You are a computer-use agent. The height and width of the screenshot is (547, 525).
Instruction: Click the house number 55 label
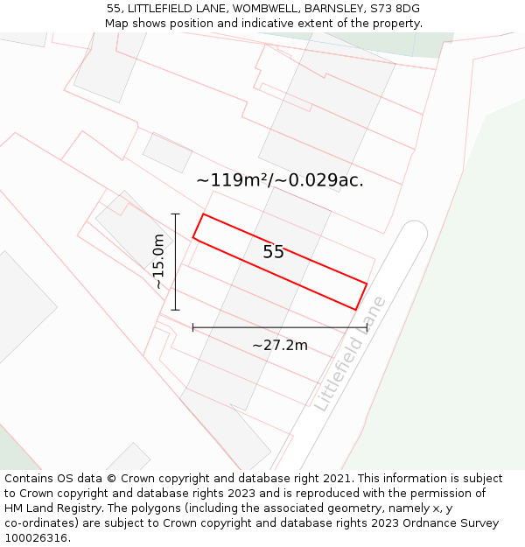273,252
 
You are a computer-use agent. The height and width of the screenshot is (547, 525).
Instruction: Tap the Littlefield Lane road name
350,354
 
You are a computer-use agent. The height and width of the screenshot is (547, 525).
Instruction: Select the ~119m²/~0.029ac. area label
280,181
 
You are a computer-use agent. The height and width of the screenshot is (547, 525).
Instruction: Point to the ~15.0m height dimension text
157,262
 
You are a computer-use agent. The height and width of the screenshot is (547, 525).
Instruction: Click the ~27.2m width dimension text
280,345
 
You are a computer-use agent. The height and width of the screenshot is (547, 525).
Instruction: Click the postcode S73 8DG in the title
396,9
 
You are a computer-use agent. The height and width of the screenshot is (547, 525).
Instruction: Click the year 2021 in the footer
337,479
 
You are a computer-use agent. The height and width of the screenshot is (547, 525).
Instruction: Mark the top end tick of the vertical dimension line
176,214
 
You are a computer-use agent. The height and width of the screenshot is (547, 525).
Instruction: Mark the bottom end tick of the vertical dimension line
176,310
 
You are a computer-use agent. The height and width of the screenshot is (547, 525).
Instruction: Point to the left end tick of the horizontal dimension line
192,327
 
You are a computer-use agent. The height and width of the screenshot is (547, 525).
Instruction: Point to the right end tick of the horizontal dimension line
367,327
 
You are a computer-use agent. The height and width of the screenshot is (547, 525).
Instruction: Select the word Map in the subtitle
117,24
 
